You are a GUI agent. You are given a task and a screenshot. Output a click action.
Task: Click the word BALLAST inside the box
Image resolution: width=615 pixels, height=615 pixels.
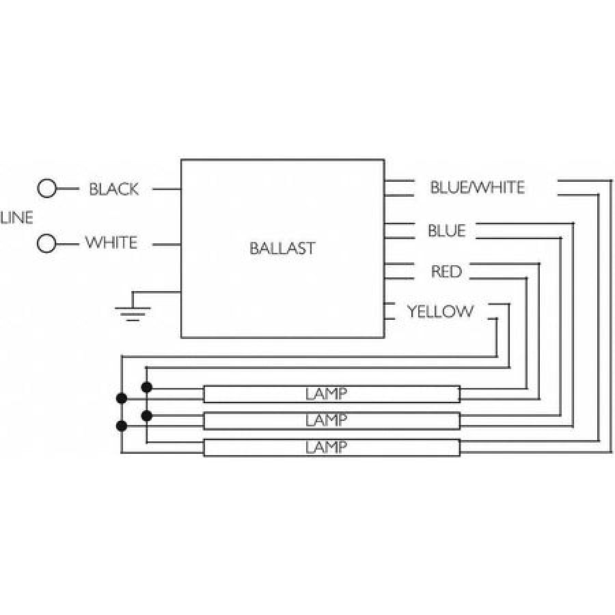point(282,248)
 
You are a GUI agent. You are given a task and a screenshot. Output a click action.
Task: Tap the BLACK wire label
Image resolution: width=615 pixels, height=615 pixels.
point(114,189)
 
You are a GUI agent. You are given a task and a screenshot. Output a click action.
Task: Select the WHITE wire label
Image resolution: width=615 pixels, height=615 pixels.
point(111,243)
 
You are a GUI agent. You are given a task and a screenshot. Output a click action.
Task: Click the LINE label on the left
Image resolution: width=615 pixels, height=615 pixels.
point(16,218)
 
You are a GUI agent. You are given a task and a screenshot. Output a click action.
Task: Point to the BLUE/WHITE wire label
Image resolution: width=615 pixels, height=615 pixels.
point(477,187)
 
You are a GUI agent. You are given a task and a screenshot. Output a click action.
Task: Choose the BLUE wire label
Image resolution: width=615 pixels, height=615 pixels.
point(446,231)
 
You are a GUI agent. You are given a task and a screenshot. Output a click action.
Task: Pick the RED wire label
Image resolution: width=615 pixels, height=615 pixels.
point(446,272)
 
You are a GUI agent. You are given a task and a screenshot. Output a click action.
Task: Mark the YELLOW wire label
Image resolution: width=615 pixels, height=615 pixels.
point(440,312)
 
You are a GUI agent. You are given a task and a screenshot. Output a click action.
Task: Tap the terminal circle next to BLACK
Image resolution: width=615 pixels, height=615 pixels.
point(46,189)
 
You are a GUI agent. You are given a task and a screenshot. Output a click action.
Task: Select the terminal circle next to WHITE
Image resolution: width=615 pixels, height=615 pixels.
point(46,243)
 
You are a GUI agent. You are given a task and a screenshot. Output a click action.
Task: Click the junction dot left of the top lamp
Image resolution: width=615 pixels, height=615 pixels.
point(146,387)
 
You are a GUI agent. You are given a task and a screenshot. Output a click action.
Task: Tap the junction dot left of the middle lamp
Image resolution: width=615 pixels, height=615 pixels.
point(146,415)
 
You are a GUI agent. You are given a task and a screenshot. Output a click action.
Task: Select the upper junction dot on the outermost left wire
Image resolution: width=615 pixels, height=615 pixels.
point(122,398)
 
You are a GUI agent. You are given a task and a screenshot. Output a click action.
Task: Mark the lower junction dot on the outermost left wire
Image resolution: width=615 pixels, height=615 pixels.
point(122,426)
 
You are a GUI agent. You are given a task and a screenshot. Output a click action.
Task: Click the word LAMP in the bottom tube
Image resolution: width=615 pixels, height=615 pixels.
point(326,448)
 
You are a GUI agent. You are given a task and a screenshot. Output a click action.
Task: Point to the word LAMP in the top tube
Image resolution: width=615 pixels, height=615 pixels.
point(326,394)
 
